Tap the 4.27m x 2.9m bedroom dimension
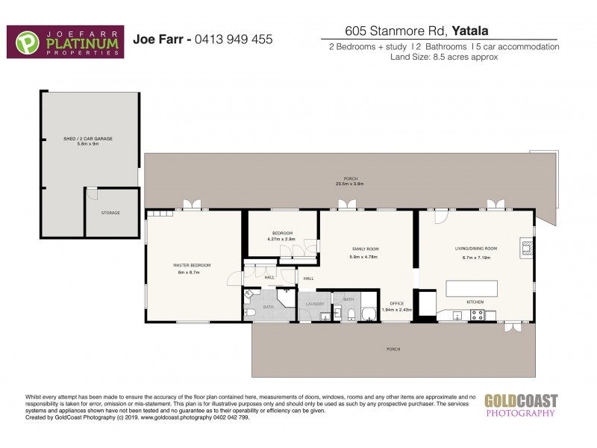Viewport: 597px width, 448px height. pos(282,239)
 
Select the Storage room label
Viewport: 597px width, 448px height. pos(110,213)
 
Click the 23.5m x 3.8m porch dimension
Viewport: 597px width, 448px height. pos(349,184)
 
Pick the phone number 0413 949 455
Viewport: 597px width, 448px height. pos(233,40)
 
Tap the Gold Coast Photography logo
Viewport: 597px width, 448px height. pos(520,404)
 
